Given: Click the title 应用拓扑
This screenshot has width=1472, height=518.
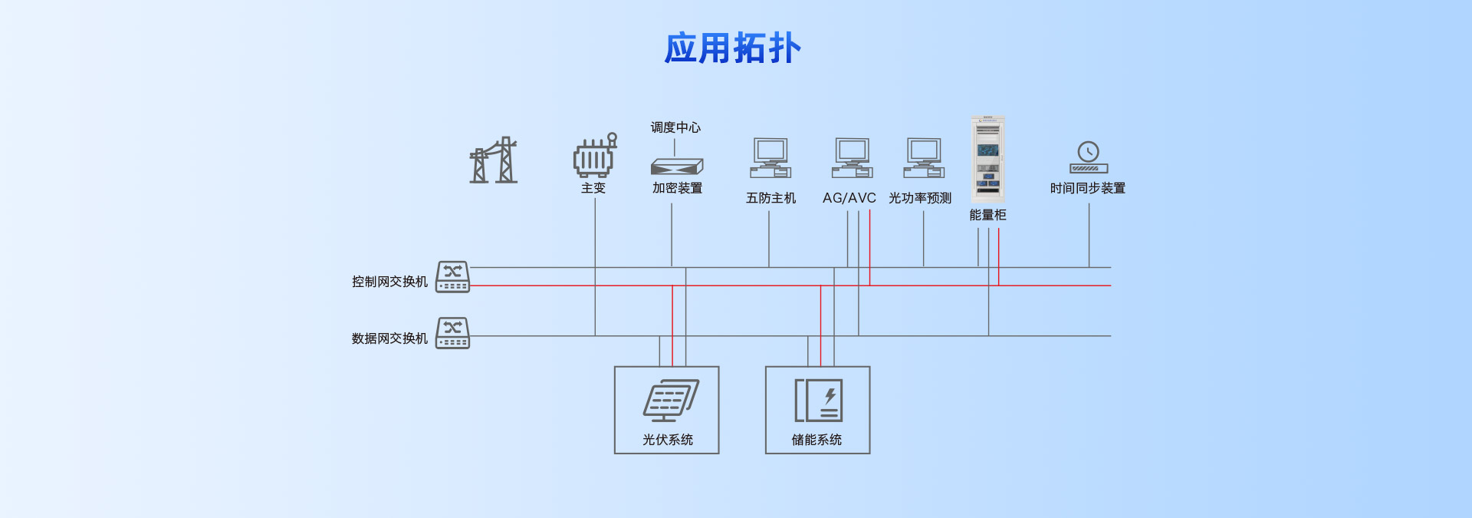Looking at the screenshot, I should pos(732,48).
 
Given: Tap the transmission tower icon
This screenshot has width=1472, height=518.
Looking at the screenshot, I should pos(493,160).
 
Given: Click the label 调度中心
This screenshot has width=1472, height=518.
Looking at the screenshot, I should pos(675,127).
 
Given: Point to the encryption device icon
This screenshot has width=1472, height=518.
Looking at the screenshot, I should pos(676,166).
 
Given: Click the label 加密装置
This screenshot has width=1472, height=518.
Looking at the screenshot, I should pos(677,188).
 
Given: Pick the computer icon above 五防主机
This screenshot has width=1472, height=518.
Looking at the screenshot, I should pos(770,158).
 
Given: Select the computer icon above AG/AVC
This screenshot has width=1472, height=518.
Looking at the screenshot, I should pos(852,158).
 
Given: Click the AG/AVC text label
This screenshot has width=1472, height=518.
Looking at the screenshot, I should pos(849,198).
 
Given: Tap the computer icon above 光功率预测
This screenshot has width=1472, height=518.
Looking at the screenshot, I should pos(924,158).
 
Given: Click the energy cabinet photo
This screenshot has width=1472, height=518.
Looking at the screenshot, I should pos(987,158).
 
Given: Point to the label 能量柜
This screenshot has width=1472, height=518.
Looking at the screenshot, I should pos(987,215).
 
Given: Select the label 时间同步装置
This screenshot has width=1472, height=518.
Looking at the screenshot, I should pos(1087,188).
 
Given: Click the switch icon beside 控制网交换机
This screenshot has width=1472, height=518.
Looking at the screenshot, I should pos(452,277).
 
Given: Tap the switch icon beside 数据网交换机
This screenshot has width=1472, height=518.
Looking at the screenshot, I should pos(452,333).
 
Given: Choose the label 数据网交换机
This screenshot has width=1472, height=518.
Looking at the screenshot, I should pos(389,338).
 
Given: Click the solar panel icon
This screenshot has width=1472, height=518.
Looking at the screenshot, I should pos(670,401).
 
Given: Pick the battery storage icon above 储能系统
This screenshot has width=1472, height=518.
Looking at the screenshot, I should pos(818,401).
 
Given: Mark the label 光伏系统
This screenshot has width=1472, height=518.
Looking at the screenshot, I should pos(667,440).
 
